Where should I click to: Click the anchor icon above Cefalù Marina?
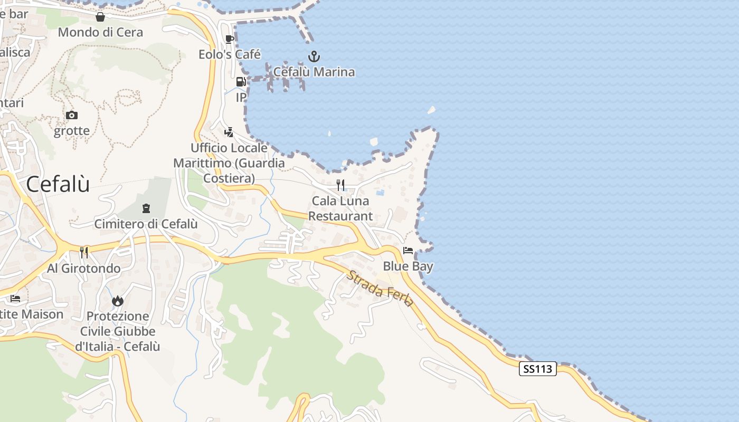pos(314,56)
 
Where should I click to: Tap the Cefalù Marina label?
pos(314,72)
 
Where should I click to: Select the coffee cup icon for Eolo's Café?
pos(229,39)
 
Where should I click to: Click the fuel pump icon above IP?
pos(241,82)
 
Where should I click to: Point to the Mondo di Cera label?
pos(100,32)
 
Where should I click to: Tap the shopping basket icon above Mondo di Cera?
pos(100,17)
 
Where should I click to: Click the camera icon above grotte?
pos(72,115)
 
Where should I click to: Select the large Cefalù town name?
pos(58,184)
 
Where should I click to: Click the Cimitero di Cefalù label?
pos(146,224)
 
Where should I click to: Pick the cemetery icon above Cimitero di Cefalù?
pos(146,208)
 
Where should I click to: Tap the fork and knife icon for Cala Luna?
pos(340,185)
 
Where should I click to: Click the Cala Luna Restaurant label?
pos(340,208)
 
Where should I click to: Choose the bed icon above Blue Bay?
pos(408,251)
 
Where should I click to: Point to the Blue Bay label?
pos(408,266)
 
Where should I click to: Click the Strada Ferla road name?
pos(380,289)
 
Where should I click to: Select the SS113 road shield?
pos(538,369)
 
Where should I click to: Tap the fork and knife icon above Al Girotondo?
pos(84,253)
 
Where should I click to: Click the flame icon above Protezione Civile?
pos(117,301)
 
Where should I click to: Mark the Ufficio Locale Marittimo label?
pos(229,163)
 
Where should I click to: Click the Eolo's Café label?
pos(230,54)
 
